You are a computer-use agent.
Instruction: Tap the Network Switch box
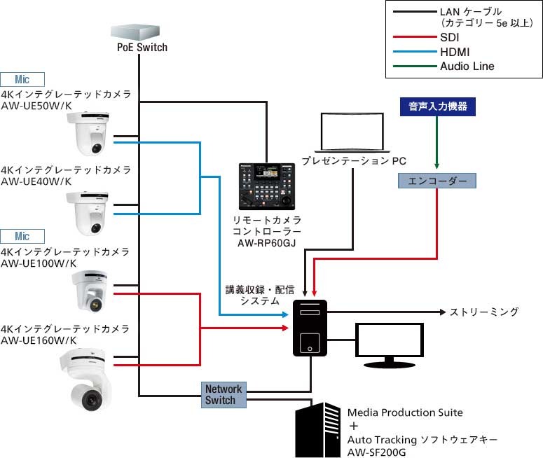pyautogui.click(x=224, y=394)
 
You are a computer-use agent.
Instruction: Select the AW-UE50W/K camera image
pyautogui.click(x=89, y=134)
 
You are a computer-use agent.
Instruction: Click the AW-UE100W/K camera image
pyautogui.click(x=90, y=291)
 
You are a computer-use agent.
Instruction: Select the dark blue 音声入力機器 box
pyautogui.click(x=437, y=107)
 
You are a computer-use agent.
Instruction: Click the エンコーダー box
pyautogui.click(x=437, y=181)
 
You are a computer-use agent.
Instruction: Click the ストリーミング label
pyautogui.click(x=483, y=312)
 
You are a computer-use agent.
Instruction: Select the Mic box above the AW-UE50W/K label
pyautogui.click(x=23, y=79)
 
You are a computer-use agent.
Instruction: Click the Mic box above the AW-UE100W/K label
pyautogui.click(x=23, y=236)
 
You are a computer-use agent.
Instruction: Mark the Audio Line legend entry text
pyautogui.click(x=467, y=67)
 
